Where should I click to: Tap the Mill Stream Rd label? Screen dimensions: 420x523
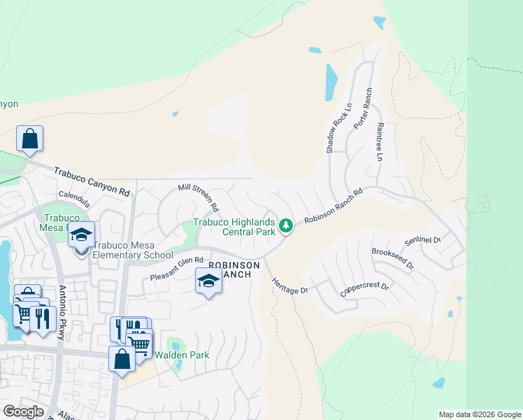(199, 198)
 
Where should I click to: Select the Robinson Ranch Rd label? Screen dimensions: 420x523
(333, 206)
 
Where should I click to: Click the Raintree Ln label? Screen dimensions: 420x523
(380, 143)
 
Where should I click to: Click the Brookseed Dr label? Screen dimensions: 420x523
(393, 259)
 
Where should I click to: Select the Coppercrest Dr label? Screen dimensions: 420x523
(364, 290)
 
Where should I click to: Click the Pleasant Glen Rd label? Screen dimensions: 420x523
(176, 269)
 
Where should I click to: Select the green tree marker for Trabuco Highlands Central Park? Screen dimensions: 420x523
(285, 225)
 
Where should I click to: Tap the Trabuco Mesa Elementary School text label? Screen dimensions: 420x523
(133, 255)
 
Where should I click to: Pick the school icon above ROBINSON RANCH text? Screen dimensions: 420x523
(208, 281)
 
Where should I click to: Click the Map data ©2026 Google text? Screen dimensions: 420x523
(480, 414)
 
